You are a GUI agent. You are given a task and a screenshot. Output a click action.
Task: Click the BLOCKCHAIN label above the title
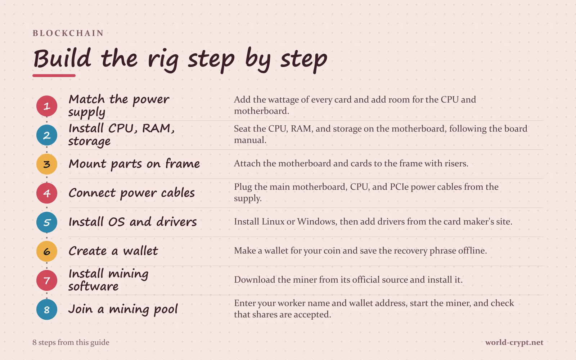pyautogui.click(x=68, y=33)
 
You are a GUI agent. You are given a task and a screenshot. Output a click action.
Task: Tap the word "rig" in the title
pyautogui.click(x=163, y=60)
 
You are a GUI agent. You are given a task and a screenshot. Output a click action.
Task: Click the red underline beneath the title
pyautogui.click(x=54, y=76)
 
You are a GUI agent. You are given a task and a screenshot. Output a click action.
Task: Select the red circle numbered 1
pyautogui.click(x=46, y=106)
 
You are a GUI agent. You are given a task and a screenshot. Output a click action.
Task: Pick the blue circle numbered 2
pyautogui.click(x=46, y=135)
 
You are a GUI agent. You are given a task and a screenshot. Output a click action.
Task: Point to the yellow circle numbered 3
pyautogui.click(x=46, y=164)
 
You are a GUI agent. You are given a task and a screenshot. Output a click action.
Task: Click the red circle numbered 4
pyautogui.click(x=46, y=193)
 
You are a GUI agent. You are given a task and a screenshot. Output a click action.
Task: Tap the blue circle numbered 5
pyautogui.click(x=46, y=222)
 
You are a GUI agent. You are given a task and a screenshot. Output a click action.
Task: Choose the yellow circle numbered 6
pyautogui.click(x=46, y=251)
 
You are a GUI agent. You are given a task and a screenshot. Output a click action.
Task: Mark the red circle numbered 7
pyautogui.click(x=46, y=280)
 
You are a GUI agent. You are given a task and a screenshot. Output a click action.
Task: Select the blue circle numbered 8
pyautogui.click(x=46, y=309)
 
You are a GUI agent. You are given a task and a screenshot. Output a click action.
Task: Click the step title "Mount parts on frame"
pyautogui.click(x=134, y=164)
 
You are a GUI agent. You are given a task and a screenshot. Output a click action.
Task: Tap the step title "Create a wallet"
pyautogui.click(x=113, y=251)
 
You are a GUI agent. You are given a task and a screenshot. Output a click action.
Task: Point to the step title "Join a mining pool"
pyautogui.click(x=123, y=310)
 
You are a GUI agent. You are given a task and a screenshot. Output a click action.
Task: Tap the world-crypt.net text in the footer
pyautogui.click(x=514, y=342)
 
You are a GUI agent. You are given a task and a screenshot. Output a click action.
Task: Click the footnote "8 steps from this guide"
pyautogui.click(x=71, y=342)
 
